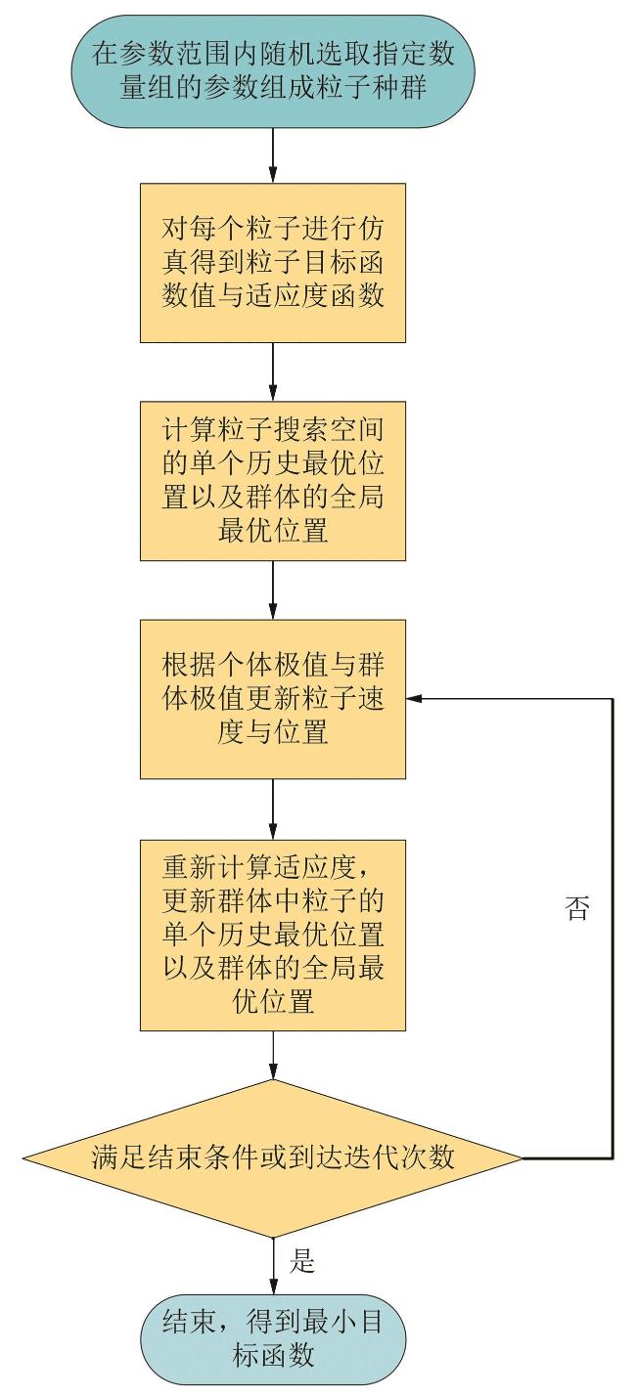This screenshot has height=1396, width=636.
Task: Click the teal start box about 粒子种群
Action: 273,70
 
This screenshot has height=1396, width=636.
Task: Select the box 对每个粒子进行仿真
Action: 273,261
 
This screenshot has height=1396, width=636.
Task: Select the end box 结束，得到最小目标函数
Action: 273,1337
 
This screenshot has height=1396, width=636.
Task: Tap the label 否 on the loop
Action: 578,909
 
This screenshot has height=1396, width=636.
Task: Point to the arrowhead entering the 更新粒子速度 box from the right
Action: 414,699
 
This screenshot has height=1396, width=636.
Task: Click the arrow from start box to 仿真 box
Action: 273,153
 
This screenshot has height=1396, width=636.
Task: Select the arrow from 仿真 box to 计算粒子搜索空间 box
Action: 273,371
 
